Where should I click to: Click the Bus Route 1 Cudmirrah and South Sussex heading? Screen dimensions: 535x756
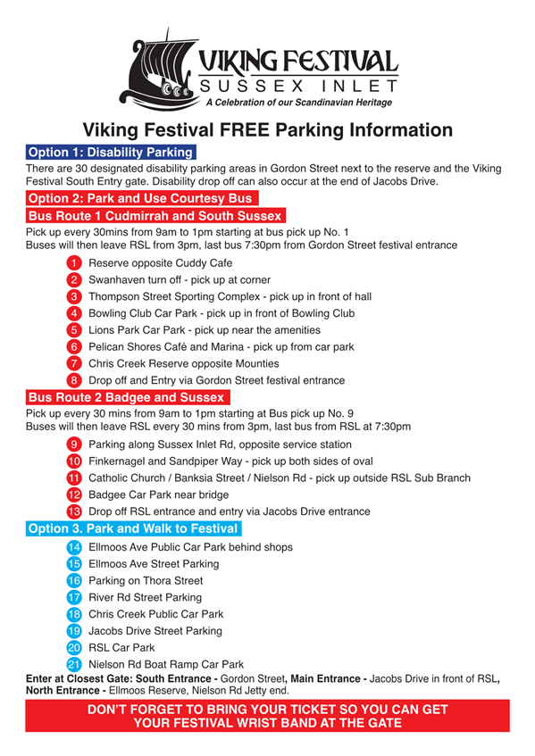click(155, 215)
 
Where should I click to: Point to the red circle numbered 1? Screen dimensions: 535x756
click(74, 263)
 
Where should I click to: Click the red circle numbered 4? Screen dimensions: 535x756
click(74, 313)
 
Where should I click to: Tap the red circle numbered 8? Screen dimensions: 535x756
click(74, 380)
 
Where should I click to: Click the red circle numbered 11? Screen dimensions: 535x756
click(74, 478)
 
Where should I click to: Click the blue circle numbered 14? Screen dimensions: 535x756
click(74, 546)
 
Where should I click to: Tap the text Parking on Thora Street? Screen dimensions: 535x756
click(146, 580)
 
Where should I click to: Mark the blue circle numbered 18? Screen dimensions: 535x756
click(74, 614)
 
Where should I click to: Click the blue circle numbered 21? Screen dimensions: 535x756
click(74, 664)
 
